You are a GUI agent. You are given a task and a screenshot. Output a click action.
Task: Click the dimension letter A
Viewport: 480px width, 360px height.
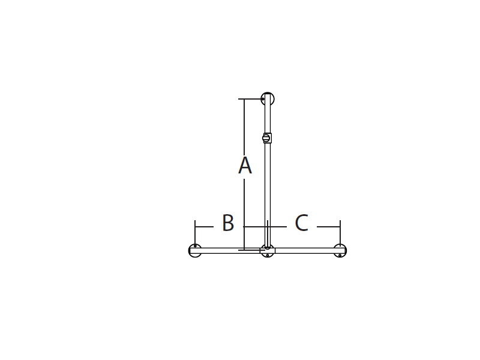245,166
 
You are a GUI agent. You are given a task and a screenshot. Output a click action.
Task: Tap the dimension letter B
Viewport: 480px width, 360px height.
228,223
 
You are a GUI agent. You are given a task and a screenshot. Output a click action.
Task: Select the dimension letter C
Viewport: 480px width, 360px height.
302,223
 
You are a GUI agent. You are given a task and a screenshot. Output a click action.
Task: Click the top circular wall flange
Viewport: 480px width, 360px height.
268,99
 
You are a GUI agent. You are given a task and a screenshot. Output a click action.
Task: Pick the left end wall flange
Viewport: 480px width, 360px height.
195,251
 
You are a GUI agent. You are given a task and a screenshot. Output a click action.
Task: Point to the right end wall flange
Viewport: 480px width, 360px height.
340,251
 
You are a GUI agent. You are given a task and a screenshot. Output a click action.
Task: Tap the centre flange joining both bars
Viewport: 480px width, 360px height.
268,251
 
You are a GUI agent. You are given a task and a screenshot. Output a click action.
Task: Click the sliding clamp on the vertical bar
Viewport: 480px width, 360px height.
267,138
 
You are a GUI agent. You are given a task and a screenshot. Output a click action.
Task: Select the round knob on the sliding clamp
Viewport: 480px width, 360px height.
265,138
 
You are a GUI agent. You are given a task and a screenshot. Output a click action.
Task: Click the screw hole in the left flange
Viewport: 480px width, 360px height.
195,246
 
